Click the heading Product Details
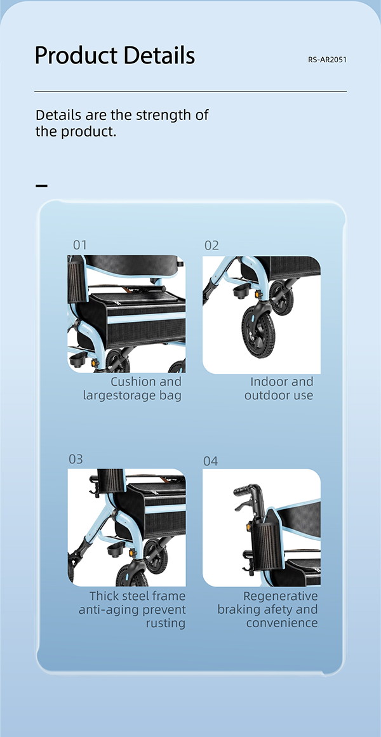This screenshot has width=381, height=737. point(115,56)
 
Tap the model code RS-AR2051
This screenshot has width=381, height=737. point(328,60)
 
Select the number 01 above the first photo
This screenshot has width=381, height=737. point(80,245)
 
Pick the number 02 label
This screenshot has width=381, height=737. point(211,246)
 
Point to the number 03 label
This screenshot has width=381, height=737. point(76,459)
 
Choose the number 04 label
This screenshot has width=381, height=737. point(211,461)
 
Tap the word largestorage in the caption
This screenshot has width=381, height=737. point(117,395)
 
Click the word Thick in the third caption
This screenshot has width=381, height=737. point(104,596)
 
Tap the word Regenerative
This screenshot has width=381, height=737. point(280,597)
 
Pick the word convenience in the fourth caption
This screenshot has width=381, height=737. point(282,623)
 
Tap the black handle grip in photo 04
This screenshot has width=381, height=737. point(244,489)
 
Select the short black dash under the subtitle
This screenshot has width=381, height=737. point(41,185)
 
